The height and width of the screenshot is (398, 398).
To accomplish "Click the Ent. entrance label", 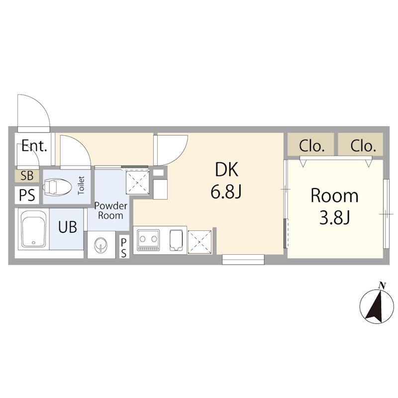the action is pyautogui.click(x=34, y=146).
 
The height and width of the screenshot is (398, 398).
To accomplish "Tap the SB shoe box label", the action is pyautogui.click(x=27, y=176).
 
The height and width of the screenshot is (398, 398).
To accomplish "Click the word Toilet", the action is pyautogui.click(x=81, y=186).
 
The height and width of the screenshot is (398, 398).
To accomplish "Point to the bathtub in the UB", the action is pyautogui.click(x=33, y=229).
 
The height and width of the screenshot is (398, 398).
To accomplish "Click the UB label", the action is pyautogui.click(x=68, y=227).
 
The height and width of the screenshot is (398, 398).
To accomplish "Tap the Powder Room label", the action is pyautogui.click(x=110, y=210).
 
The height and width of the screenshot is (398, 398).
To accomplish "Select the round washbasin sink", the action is pyautogui.click(x=101, y=245).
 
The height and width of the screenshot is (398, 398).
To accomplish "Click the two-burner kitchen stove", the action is pyautogui.click(x=148, y=240).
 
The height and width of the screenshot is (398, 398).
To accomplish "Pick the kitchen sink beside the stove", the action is pyautogui.click(x=176, y=240).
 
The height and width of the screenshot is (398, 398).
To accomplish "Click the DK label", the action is pyautogui.click(x=227, y=170).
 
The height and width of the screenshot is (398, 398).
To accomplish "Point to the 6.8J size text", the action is pyautogui.click(x=226, y=192).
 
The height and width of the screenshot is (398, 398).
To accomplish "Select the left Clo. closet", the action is pyautogui.click(x=310, y=144).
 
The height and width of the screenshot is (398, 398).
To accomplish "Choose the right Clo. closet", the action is pyautogui.click(x=360, y=144).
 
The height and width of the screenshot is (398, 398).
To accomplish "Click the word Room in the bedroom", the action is pyautogui.click(x=334, y=196).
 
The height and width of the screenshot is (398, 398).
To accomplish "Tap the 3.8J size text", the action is pyautogui.click(x=335, y=218).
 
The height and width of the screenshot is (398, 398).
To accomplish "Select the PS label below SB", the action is pyautogui.click(x=27, y=195).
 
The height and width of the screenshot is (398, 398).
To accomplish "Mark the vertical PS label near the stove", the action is pyautogui.click(x=123, y=247).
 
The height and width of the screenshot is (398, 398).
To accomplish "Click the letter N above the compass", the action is pyautogui.click(x=382, y=286).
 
